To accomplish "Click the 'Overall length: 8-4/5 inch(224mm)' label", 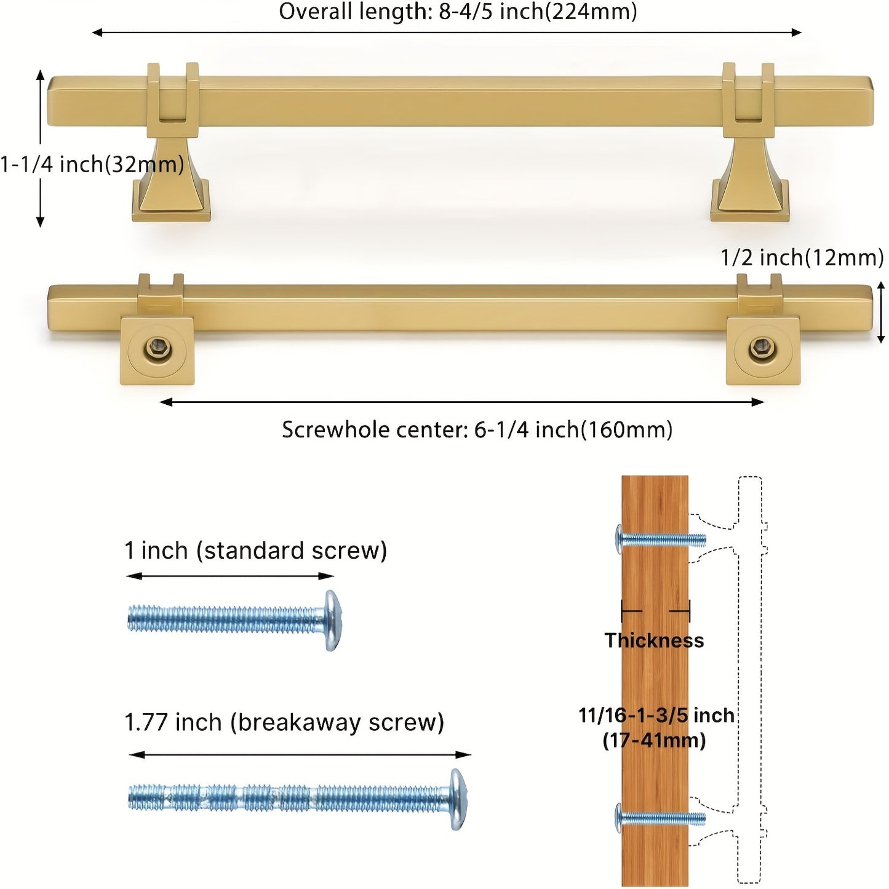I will point(458,12).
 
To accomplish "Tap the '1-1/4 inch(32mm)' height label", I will point(92,164).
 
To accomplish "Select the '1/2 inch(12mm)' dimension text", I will point(802,258).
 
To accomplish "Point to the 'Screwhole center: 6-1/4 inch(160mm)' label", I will point(477,429).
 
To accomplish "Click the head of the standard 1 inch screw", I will point(332,620).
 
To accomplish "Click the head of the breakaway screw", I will point(458,799).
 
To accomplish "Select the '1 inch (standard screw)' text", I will point(255,551).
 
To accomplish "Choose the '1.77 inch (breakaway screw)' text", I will point(284,722).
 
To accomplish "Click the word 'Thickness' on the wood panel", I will point(654,640).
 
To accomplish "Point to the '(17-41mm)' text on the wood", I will point(654,740).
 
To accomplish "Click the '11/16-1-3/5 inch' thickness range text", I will point(656,716).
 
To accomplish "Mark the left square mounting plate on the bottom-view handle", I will point(157,351).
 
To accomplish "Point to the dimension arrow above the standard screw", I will point(229,576).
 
